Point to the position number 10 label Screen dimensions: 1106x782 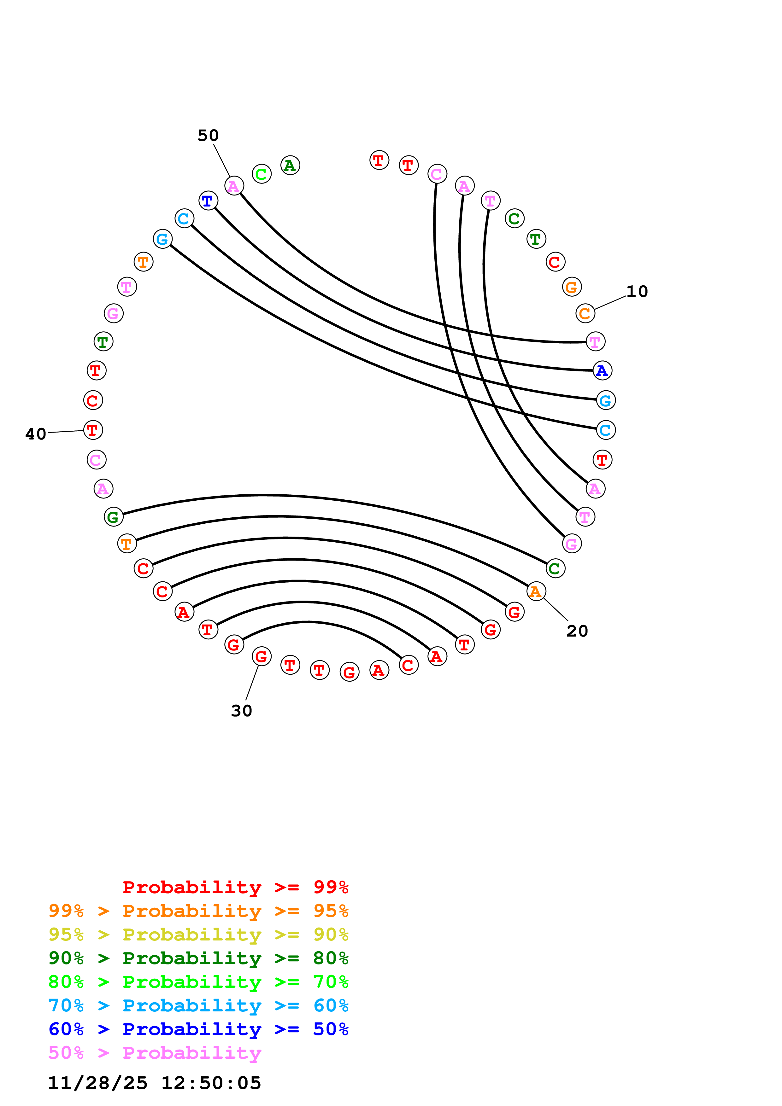point(637,291)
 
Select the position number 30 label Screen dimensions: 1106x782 point(241,711)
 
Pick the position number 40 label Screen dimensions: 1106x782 point(36,434)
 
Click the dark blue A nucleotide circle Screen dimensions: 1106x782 point(602,370)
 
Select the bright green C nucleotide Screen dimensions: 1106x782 point(262,174)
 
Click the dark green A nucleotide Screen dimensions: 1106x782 point(290,165)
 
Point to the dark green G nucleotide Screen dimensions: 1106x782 point(114,517)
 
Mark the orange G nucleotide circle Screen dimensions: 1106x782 point(572,287)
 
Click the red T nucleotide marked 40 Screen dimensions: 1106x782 point(93,430)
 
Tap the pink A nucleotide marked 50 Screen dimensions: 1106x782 point(234,185)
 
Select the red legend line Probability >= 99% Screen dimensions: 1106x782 point(235,887)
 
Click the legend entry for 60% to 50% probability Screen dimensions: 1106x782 point(198,1029)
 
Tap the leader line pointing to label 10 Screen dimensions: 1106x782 point(610,303)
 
